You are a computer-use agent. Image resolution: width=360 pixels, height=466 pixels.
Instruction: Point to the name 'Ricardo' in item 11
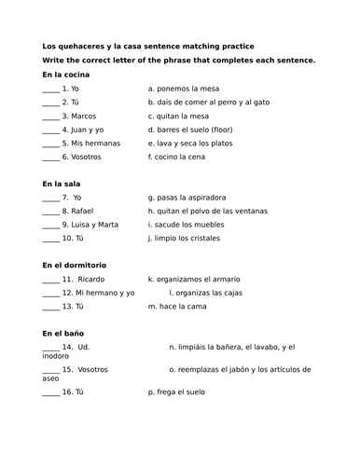click(x=92, y=279)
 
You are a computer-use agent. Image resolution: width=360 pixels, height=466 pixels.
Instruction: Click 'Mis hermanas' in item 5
click(x=93, y=144)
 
